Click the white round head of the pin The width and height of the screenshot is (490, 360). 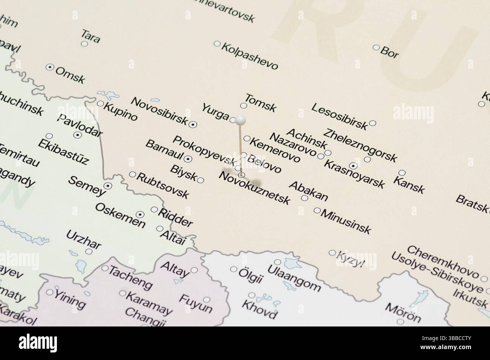coord(240,120)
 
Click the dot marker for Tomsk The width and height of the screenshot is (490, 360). coord(243,106)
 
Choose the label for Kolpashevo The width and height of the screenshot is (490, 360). coord(250,56)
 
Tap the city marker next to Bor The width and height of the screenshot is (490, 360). coord(376,47)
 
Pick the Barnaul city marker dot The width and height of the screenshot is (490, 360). coord(189,159)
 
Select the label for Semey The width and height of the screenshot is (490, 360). coord(86,186)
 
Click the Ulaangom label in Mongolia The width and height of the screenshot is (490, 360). coord(294,278)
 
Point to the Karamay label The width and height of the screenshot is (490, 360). coord(149,303)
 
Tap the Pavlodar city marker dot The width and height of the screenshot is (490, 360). coord(78,135)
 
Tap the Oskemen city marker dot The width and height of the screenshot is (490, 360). coord(140,215)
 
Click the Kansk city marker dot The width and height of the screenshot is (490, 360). coord(402,173)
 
